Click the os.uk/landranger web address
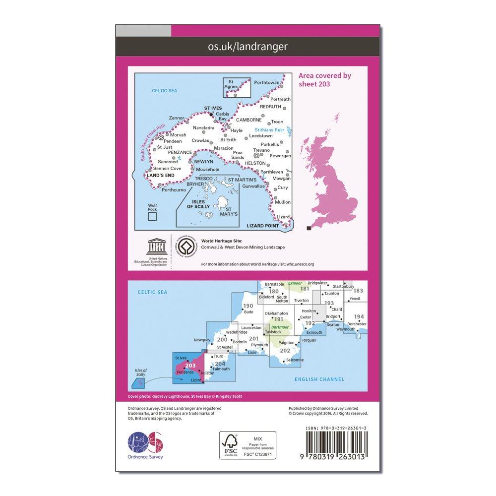(247, 47)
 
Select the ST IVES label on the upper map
(214, 107)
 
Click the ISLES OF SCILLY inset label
(198, 204)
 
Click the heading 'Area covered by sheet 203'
(325, 79)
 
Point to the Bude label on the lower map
(248, 312)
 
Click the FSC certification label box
(248, 445)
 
